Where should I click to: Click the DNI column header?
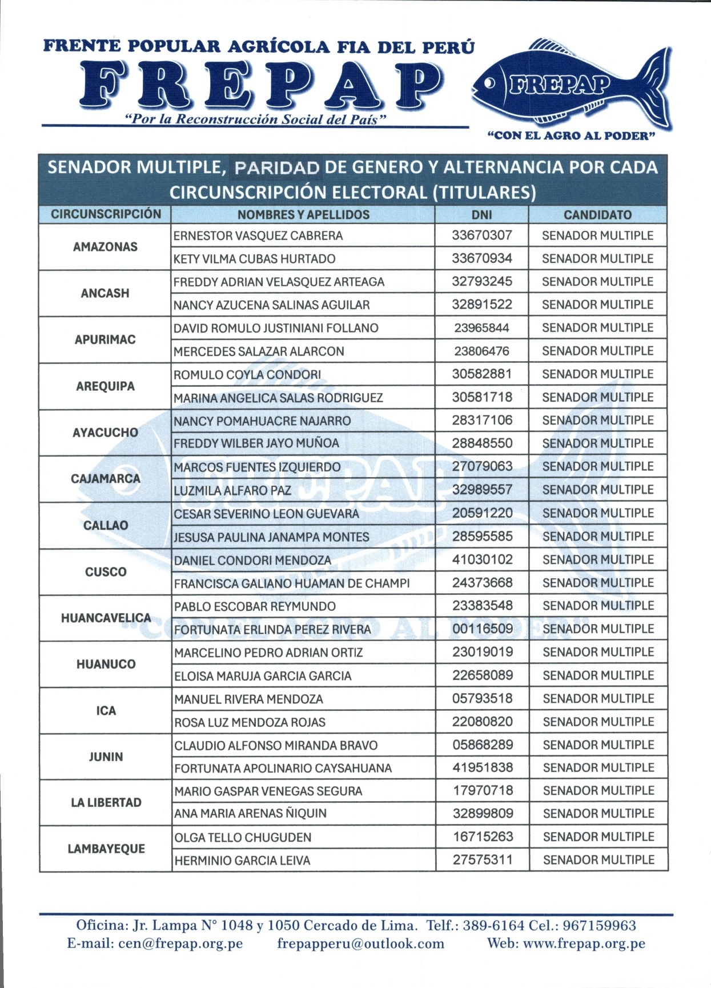(x=481, y=215)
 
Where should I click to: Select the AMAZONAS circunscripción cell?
(x=105, y=247)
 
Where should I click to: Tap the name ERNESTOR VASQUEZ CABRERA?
(x=258, y=235)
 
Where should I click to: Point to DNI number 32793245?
(x=482, y=282)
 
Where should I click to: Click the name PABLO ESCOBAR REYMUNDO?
(x=255, y=606)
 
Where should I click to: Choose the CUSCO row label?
(x=106, y=572)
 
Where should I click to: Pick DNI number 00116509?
(x=483, y=629)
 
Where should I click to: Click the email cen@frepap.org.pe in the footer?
(x=155, y=943)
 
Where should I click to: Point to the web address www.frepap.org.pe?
(x=584, y=943)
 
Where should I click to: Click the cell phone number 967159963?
(x=600, y=926)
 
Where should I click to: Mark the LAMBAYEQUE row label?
(x=106, y=849)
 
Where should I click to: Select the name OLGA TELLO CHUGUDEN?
(x=243, y=838)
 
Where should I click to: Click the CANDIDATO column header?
(x=597, y=215)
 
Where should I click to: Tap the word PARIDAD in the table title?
(x=277, y=167)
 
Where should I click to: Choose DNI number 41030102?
(x=483, y=560)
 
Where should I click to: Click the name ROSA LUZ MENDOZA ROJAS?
(x=250, y=722)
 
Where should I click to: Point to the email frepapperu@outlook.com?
(x=361, y=943)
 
